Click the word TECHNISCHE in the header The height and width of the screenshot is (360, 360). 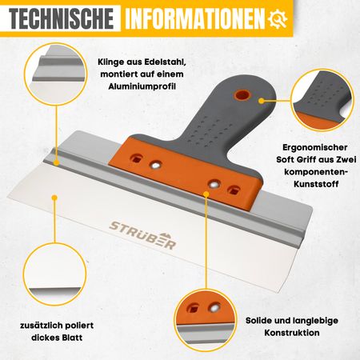61,18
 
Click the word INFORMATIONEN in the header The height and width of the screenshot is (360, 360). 195,18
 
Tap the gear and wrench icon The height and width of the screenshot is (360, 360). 278,18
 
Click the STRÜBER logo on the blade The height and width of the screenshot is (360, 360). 142,235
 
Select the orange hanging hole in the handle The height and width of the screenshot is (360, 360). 242,95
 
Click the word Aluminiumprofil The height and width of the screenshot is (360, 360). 142,86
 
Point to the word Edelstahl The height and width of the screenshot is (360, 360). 166,62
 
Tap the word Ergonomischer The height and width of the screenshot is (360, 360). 315,147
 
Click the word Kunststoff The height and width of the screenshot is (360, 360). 316,184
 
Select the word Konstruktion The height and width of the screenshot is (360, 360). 292,333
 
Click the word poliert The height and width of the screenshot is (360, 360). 79,326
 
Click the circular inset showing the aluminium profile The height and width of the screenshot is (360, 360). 56,74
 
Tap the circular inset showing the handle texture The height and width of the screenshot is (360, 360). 322,100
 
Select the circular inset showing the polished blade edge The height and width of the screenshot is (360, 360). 54,274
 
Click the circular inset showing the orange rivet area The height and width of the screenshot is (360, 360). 206,320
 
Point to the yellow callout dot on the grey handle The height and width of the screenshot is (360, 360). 262,101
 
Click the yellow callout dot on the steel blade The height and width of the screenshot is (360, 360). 54,198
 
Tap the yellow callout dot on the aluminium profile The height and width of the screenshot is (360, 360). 56,162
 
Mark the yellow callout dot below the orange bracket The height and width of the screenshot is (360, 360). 206,194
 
